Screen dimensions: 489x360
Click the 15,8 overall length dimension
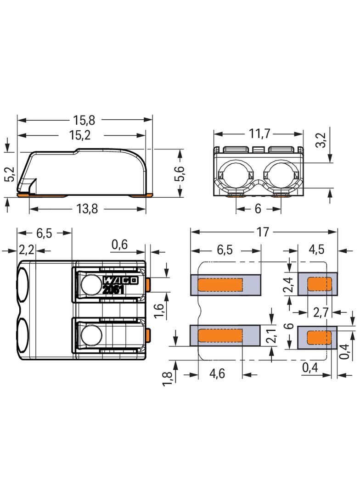pos(84,120)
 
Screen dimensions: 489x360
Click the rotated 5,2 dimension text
pos(10,174)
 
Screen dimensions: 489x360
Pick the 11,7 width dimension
pos(258,134)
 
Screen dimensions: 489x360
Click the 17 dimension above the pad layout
pos(263,232)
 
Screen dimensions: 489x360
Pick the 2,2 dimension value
pos(27,250)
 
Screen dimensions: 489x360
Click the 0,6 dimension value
pos(119,245)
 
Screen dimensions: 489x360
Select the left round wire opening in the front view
pos(236,174)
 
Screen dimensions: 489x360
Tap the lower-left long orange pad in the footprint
pos(220,336)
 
